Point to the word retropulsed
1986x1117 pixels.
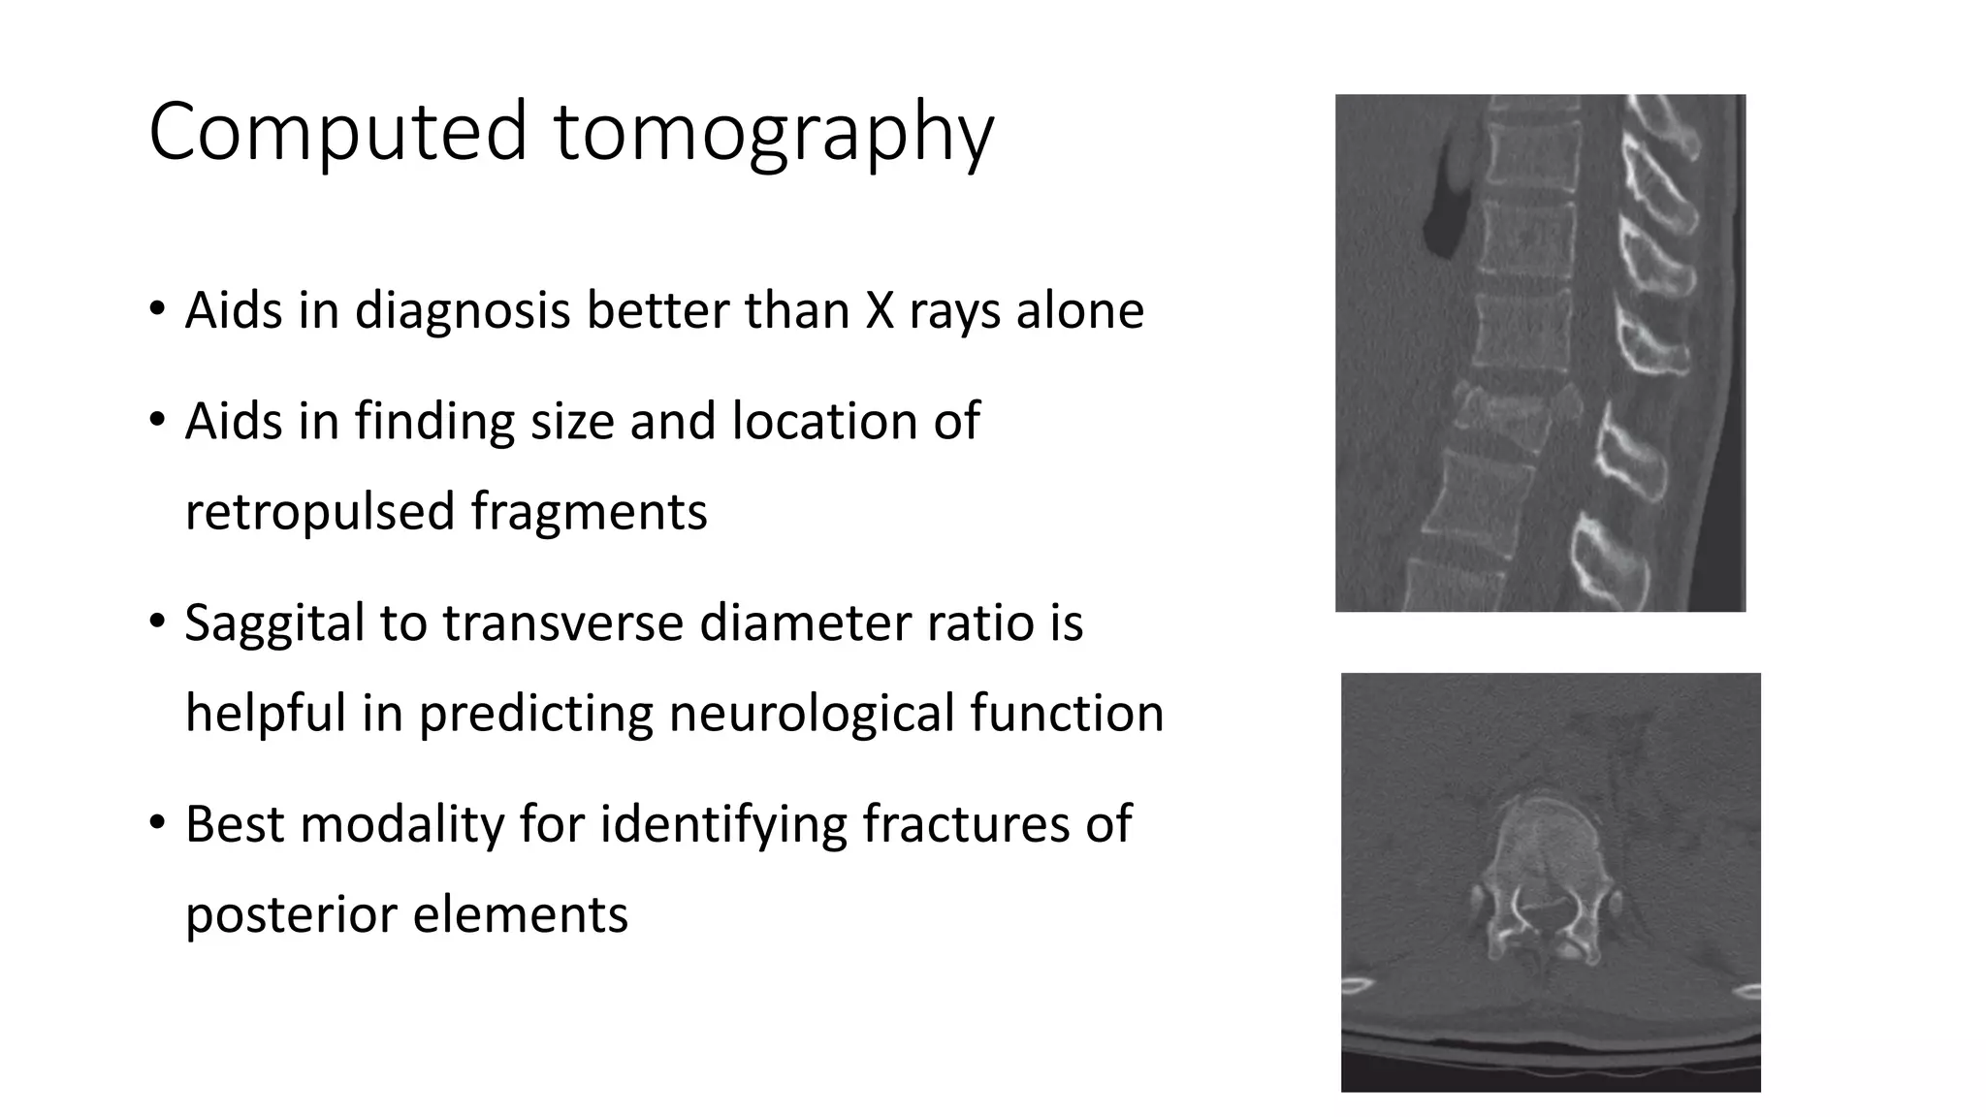[319, 513]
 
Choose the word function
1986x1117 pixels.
[1066, 714]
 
